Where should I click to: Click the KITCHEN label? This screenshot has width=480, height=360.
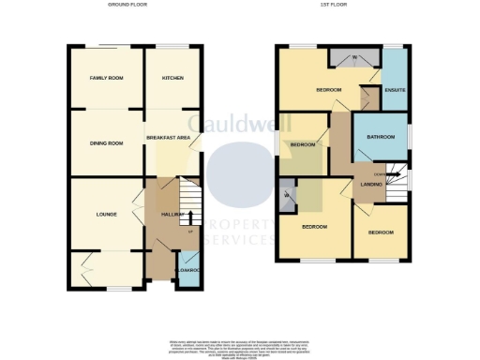(172, 78)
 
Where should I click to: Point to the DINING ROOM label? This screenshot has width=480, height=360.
(106, 142)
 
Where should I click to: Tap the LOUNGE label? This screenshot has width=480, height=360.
(105, 214)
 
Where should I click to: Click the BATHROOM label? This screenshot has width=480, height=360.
(380, 138)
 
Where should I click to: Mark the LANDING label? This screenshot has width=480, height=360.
(372, 185)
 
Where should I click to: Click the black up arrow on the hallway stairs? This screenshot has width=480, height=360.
(190, 217)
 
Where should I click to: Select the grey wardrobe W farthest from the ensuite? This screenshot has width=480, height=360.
(286, 194)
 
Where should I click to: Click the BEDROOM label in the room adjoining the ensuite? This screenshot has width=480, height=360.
(328, 90)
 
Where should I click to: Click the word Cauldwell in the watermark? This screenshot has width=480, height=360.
(239, 125)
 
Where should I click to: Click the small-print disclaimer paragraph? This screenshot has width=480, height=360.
(239, 348)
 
